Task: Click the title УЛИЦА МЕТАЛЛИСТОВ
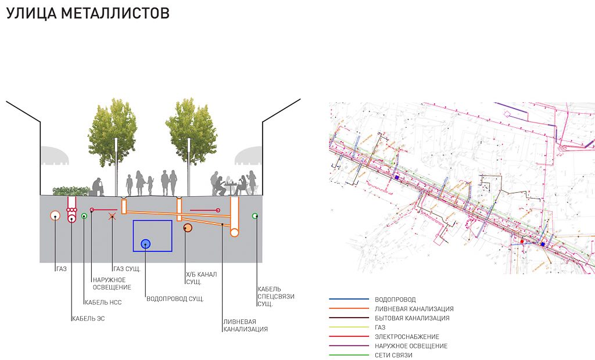click(88, 13)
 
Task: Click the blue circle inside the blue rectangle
click(145, 244)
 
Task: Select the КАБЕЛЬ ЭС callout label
click(88, 318)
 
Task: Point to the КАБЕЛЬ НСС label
click(103, 302)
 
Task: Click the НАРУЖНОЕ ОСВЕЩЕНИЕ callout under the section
click(112, 283)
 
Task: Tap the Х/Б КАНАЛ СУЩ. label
click(201, 278)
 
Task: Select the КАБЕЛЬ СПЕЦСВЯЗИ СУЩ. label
click(276, 296)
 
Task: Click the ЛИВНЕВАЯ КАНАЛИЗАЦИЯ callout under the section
click(245, 325)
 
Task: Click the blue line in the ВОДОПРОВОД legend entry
click(349, 300)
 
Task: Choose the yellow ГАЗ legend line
click(349, 327)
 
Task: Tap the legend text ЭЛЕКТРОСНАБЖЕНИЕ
click(407, 337)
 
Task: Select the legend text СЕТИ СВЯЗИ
click(394, 355)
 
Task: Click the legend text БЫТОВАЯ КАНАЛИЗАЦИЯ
click(413, 318)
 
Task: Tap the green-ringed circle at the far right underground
click(255, 216)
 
